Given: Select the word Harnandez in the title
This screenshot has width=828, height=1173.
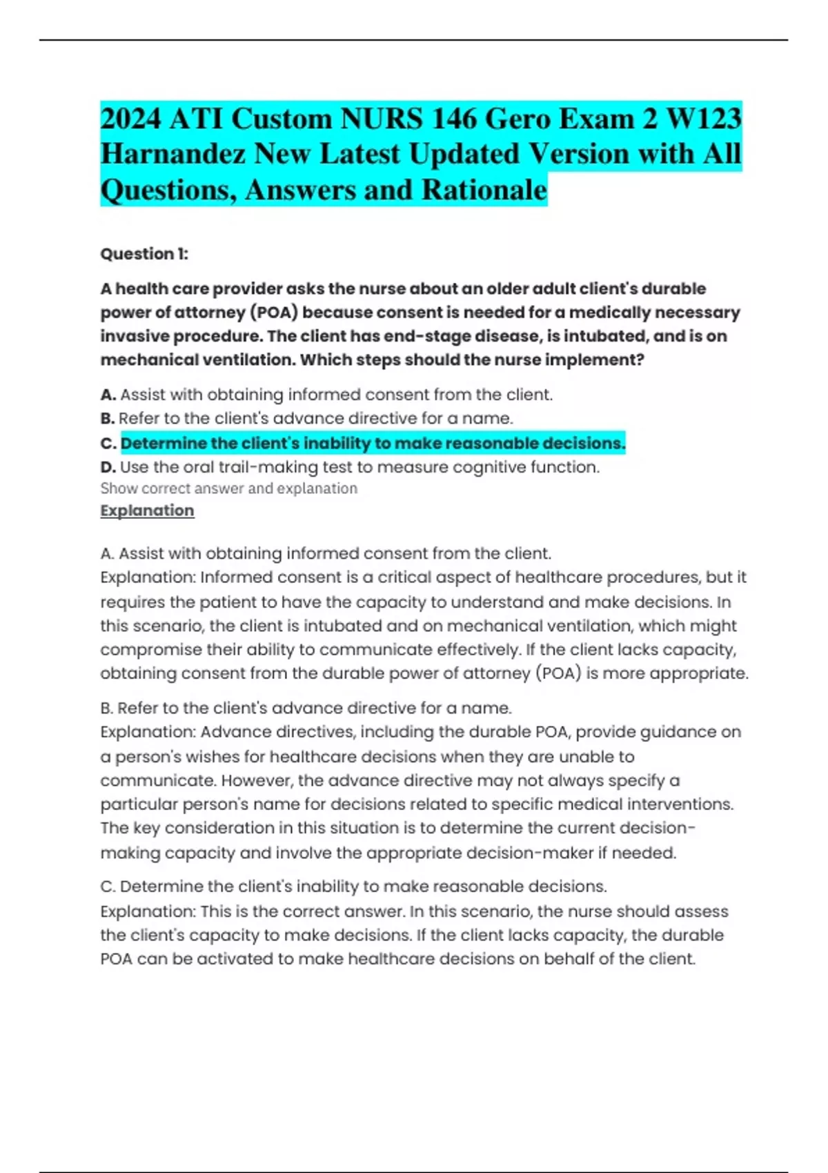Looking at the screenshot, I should pyautogui.click(x=172, y=154).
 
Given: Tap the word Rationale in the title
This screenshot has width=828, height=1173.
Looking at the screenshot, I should pyautogui.click(x=484, y=190).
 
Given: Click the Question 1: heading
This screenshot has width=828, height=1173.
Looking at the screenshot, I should pyautogui.click(x=144, y=254).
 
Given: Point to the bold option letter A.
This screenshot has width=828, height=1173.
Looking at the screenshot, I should pyautogui.click(x=108, y=395).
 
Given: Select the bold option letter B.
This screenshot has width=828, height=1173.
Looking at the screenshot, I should pyautogui.click(x=108, y=418).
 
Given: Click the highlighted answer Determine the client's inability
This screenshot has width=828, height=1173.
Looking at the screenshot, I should pyautogui.click(x=373, y=443).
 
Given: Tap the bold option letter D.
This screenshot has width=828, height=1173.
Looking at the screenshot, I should pyautogui.click(x=108, y=467).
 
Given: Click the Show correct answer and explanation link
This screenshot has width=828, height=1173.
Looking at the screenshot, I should pyautogui.click(x=228, y=489).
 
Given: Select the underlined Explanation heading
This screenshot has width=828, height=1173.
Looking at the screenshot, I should pyautogui.click(x=147, y=511).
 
